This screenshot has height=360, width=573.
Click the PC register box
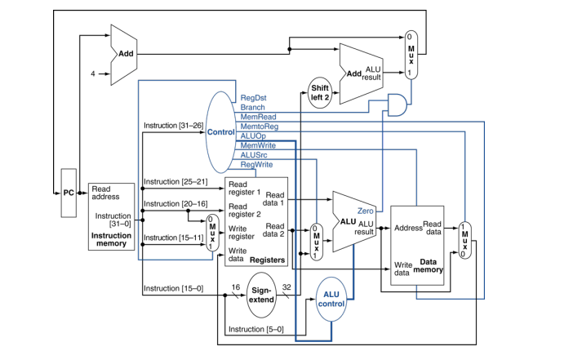pyautogui.click(x=69, y=193)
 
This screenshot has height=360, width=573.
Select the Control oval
pyautogui.click(x=220, y=131)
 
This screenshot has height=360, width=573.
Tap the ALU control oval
pyautogui.click(x=331, y=300)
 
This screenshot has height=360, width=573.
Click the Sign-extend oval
pyautogui.click(x=262, y=295)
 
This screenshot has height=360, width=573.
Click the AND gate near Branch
pyautogui.click(x=398, y=104)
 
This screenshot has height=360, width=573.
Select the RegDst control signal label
pyautogui.click(x=252, y=97)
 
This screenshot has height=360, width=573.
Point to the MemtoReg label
pyautogui.click(x=258, y=127)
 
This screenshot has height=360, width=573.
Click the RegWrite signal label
pyautogui.click(x=256, y=164)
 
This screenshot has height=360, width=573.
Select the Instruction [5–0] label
pyautogui.click(x=255, y=329)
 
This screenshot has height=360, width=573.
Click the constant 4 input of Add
pyautogui.click(x=93, y=73)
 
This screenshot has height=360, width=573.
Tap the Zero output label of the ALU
pyautogui.click(x=365, y=211)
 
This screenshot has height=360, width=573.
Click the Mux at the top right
pyautogui.click(x=411, y=55)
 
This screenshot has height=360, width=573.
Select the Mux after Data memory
pyautogui.click(x=464, y=242)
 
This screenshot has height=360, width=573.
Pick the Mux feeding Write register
pyautogui.click(x=212, y=233)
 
